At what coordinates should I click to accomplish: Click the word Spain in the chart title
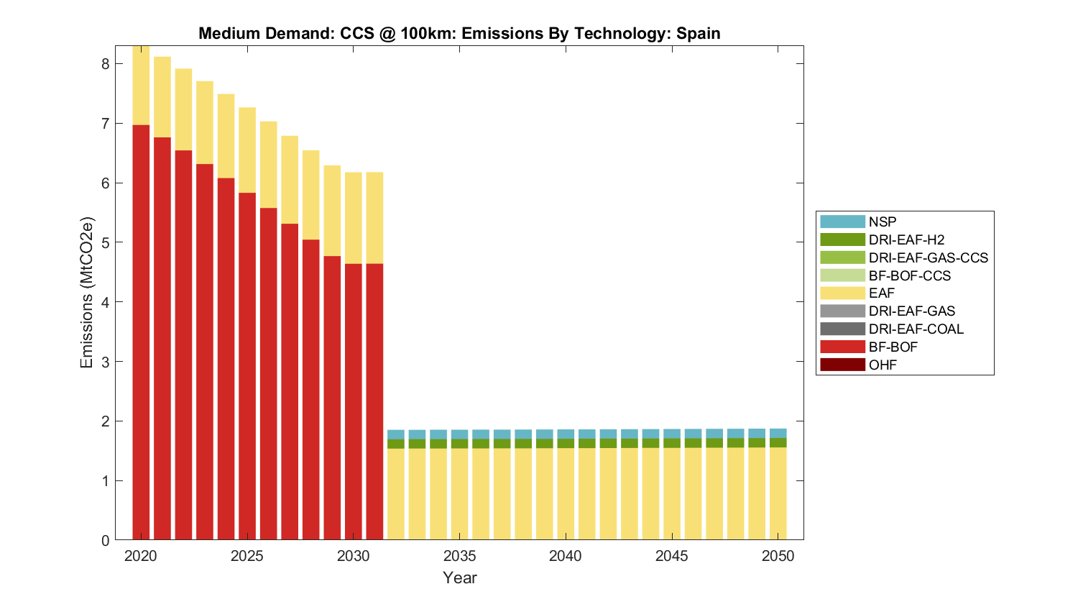[698, 33]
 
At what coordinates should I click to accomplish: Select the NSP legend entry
[882, 222]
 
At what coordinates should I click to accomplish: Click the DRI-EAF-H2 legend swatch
[842, 239]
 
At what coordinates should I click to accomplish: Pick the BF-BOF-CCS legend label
[909, 275]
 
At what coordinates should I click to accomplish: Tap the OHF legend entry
[883, 365]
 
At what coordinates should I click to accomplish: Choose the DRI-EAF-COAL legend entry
[916, 329]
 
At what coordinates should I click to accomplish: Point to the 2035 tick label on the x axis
[459, 556]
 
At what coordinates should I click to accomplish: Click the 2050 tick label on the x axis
[778, 556]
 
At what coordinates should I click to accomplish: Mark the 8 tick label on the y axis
[106, 64]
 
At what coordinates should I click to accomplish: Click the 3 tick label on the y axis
[106, 362]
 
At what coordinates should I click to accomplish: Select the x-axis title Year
[459, 578]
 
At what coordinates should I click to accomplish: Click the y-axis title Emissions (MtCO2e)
[87, 292]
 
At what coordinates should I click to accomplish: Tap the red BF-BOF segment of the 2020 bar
[141, 331]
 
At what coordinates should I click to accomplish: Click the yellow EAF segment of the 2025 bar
[247, 150]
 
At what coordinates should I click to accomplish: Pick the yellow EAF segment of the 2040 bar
[566, 493]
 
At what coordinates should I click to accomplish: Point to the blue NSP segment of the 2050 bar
[778, 433]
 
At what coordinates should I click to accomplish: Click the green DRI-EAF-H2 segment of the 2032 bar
[396, 444]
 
